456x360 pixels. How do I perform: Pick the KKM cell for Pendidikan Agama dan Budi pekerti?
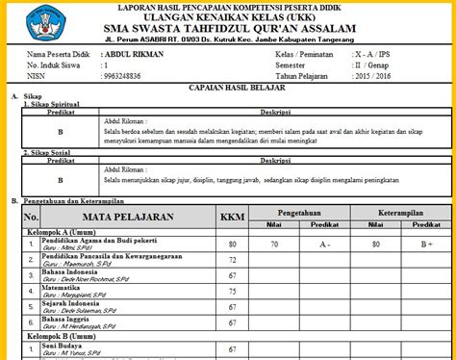(232, 244)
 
